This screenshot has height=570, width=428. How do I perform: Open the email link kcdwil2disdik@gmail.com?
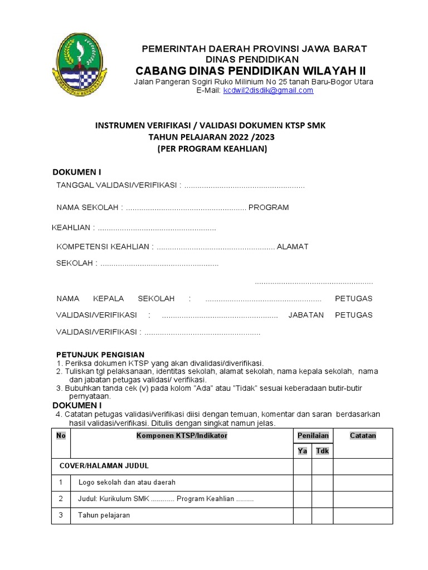[x=268, y=91]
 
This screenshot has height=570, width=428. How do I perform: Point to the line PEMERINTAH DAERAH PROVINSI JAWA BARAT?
[x=254, y=48]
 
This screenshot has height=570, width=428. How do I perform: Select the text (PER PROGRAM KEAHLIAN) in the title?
[x=212, y=149]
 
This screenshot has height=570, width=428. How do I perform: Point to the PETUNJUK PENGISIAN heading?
[x=100, y=355]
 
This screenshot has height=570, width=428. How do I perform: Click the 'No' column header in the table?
[x=61, y=436]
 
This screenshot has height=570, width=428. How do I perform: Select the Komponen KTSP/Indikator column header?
[x=182, y=436]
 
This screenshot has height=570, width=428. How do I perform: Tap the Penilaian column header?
[x=313, y=436]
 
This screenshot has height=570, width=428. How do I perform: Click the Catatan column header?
[x=363, y=436]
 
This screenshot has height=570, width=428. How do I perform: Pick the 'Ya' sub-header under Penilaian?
[x=303, y=451]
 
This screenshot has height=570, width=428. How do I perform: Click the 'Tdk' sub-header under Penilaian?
[x=322, y=451]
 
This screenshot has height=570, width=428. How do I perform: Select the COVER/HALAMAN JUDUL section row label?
[x=104, y=465]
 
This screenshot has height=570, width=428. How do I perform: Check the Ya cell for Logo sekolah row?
[x=303, y=483]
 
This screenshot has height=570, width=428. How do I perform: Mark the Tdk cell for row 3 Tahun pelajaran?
[x=322, y=515]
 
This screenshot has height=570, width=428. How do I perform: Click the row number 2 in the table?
[x=61, y=499]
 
